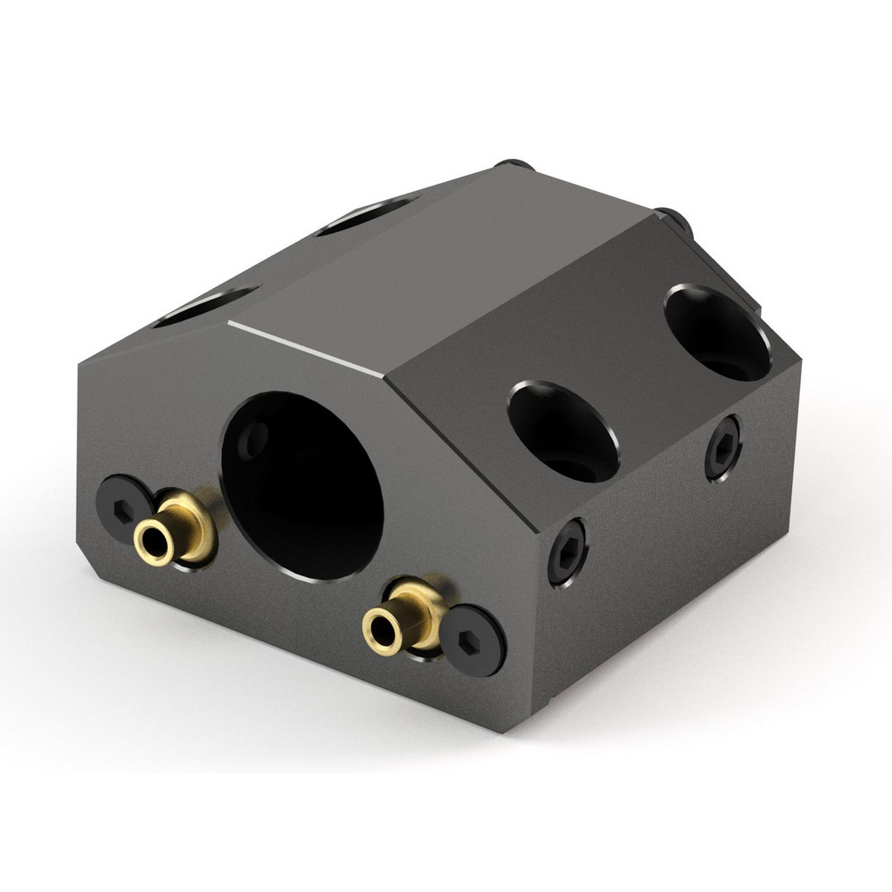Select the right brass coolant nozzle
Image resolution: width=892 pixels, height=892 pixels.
coord(405,615)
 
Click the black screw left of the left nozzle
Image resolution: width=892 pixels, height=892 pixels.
coord(123,506)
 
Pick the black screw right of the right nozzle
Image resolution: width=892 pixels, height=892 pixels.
coord(473,640)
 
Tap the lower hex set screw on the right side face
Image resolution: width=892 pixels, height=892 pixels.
coord(567,551)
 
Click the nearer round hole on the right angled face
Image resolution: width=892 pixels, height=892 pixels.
coord(563,432)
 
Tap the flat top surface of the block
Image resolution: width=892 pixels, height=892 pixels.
coord(446,268)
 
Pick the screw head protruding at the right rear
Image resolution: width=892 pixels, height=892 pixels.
coord(674,219)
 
